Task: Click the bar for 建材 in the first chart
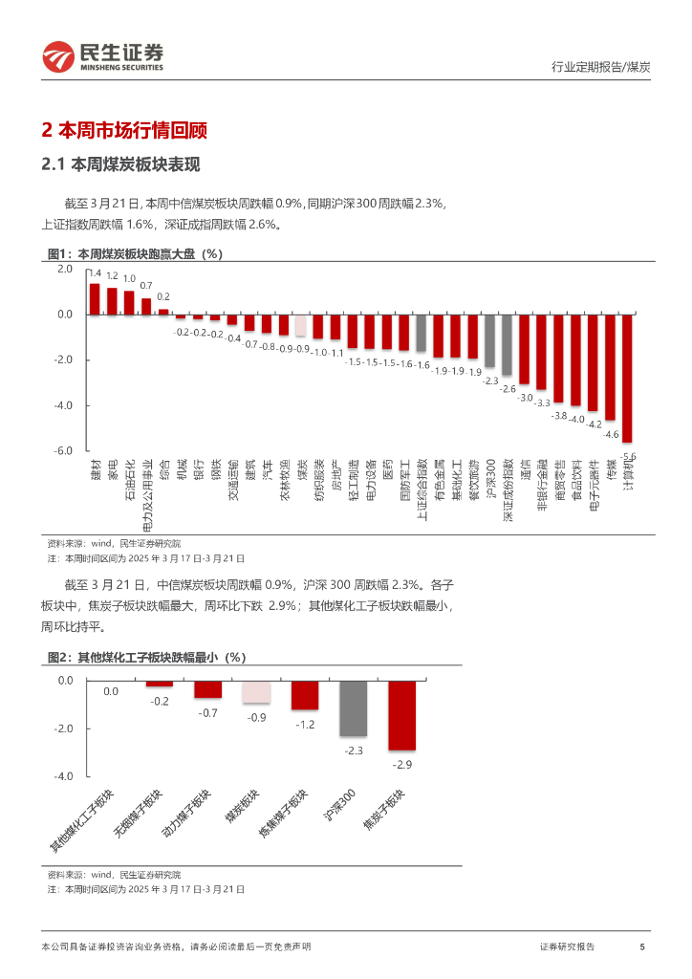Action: (95, 299)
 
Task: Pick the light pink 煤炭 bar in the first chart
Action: (300, 325)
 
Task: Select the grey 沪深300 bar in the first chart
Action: (489, 341)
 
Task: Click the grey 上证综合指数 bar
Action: (421, 333)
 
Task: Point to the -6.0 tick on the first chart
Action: (64, 451)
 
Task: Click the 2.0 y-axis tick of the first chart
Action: (64, 270)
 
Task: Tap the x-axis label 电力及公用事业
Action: (146, 493)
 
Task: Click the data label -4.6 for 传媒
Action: (611, 435)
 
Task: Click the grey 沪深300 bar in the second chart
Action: (354, 708)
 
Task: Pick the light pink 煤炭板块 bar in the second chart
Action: (256, 691)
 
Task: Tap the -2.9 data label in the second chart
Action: (401, 765)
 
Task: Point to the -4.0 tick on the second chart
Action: (64, 777)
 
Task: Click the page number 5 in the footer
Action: (641, 946)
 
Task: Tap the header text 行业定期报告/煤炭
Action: (601, 67)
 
